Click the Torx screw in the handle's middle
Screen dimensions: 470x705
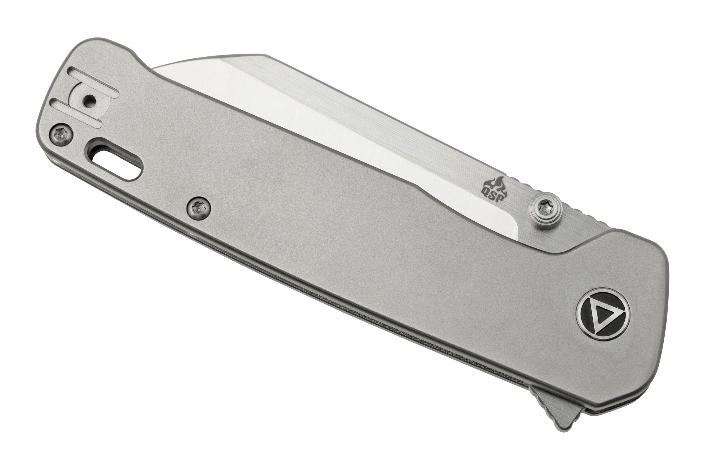tap(198, 207)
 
